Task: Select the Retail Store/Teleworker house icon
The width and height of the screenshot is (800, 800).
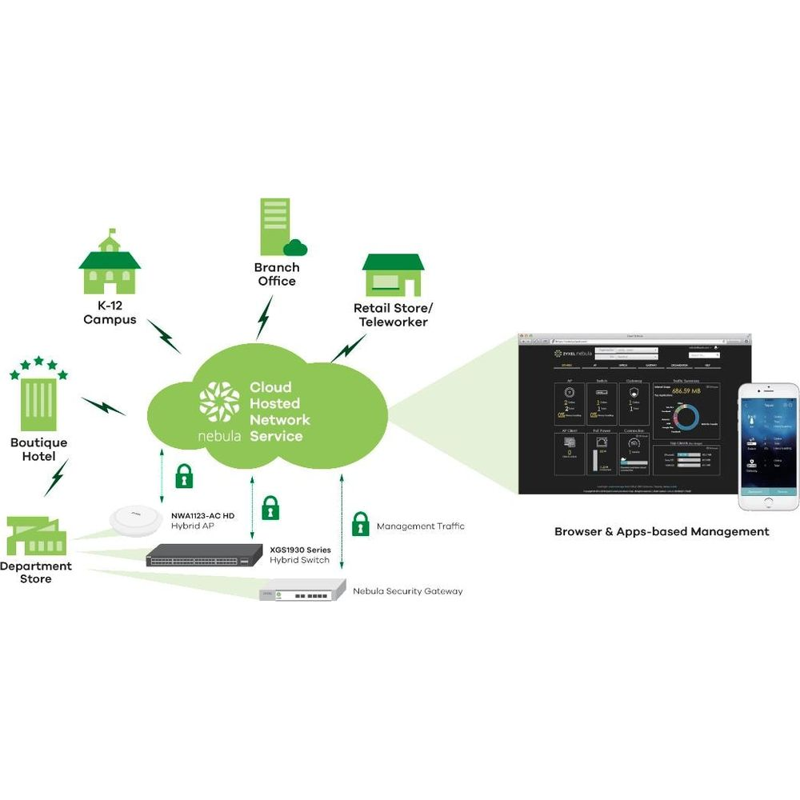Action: click(x=392, y=275)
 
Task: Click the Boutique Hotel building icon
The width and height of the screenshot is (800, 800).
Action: click(x=38, y=400)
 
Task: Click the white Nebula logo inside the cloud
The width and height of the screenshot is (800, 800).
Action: click(x=219, y=403)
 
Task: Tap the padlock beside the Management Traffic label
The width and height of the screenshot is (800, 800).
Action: click(x=361, y=524)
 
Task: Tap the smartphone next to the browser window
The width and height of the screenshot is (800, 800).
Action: click(x=768, y=446)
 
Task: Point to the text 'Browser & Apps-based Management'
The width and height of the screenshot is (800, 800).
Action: click(x=662, y=531)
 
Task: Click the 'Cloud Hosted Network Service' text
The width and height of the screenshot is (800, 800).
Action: click(x=278, y=411)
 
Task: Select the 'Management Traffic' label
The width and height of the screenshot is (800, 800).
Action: click(x=420, y=526)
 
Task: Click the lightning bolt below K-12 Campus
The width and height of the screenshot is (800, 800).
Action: click(x=165, y=337)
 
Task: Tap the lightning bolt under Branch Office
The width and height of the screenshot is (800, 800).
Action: click(x=264, y=318)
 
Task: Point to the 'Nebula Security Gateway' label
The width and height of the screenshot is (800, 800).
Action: click(x=407, y=591)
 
